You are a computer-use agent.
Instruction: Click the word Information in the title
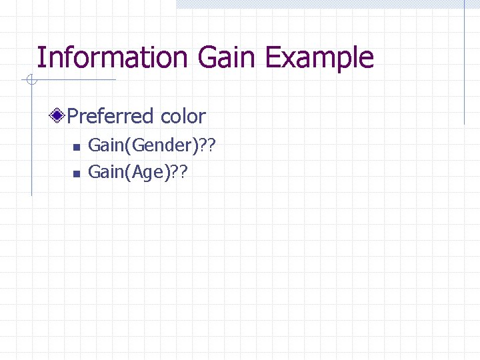click(113, 57)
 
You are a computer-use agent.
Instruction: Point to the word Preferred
click(111, 117)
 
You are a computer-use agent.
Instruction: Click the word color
click(183, 117)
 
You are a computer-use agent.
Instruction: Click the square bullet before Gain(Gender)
click(76, 147)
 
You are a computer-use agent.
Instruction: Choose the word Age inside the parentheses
click(151, 173)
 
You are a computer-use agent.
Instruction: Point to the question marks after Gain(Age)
click(179, 172)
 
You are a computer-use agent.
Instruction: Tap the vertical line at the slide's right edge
click(465, 63)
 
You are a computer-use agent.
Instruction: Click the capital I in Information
click(40, 57)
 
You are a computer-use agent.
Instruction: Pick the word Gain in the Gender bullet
click(103, 145)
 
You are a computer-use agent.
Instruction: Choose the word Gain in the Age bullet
click(103, 172)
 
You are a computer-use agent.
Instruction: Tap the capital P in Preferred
click(73, 117)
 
